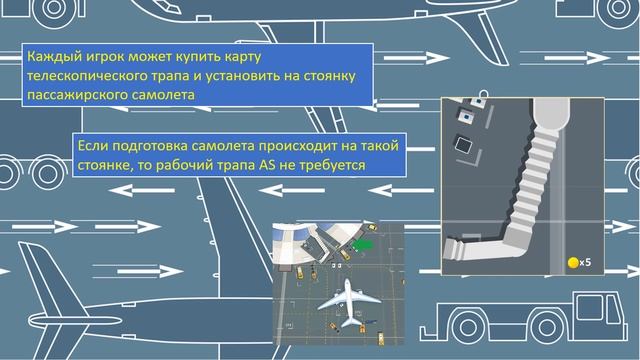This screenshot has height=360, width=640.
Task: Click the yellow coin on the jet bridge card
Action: click(x=572, y=262)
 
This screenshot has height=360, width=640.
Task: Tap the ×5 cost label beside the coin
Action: click(x=586, y=263)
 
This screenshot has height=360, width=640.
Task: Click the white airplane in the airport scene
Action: click(x=347, y=298)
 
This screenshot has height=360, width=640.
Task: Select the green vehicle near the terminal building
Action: click(x=361, y=242)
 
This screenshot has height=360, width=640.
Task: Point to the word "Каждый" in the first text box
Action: click(x=52, y=57)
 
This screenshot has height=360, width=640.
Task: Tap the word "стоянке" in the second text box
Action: click(x=104, y=165)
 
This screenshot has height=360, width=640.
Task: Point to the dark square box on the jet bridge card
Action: click(x=464, y=143)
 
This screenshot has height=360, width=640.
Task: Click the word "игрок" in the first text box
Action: click(x=105, y=57)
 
